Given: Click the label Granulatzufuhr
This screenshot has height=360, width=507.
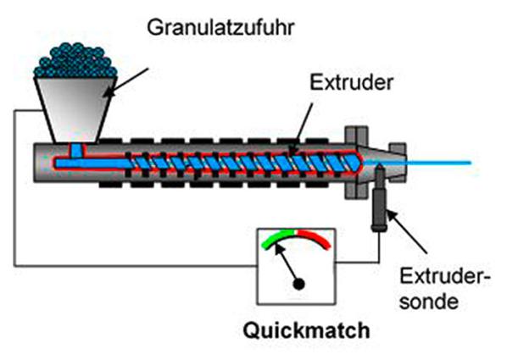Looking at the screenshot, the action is (x=220, y=28).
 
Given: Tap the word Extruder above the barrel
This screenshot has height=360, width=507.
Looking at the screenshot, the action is (x=352, y=82).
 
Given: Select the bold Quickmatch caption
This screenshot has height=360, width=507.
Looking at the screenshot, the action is (x=306, y=330).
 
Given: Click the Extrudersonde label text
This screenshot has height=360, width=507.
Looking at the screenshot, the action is (x=444, y=289).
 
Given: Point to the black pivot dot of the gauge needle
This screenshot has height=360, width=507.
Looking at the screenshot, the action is (x=298, y=285).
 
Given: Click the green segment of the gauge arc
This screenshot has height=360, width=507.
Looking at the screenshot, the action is (x=278, y=239).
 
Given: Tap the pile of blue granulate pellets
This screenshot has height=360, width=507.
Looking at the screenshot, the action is (x=75, y=61).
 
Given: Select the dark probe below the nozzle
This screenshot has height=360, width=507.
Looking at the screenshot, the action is (x=379, y=199).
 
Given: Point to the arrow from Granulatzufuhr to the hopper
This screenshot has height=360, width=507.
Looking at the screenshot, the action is (x=126, y=82).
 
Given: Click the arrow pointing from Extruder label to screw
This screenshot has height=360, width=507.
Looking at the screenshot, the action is (x=302, y=129).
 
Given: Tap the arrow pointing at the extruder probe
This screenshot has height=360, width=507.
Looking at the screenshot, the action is (x=407, y=231).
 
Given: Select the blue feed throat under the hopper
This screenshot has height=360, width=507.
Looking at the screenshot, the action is (x=76, y=151).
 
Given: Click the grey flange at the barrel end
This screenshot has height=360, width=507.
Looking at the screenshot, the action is (x=356, y=163).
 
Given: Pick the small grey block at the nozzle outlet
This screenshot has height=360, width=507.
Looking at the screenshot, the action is (x=398, y=161).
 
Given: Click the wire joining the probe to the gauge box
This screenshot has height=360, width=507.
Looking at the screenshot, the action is (x=363, y=262).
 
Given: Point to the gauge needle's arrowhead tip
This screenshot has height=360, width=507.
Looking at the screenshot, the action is (x=276, y=246).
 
